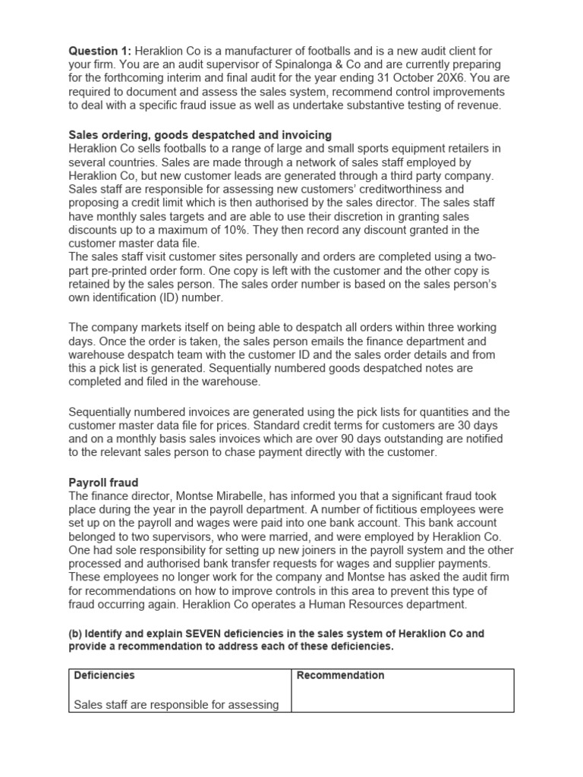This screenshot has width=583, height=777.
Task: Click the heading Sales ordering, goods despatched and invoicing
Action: [200, 134]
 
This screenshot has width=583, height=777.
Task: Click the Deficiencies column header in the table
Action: [105, 675]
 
